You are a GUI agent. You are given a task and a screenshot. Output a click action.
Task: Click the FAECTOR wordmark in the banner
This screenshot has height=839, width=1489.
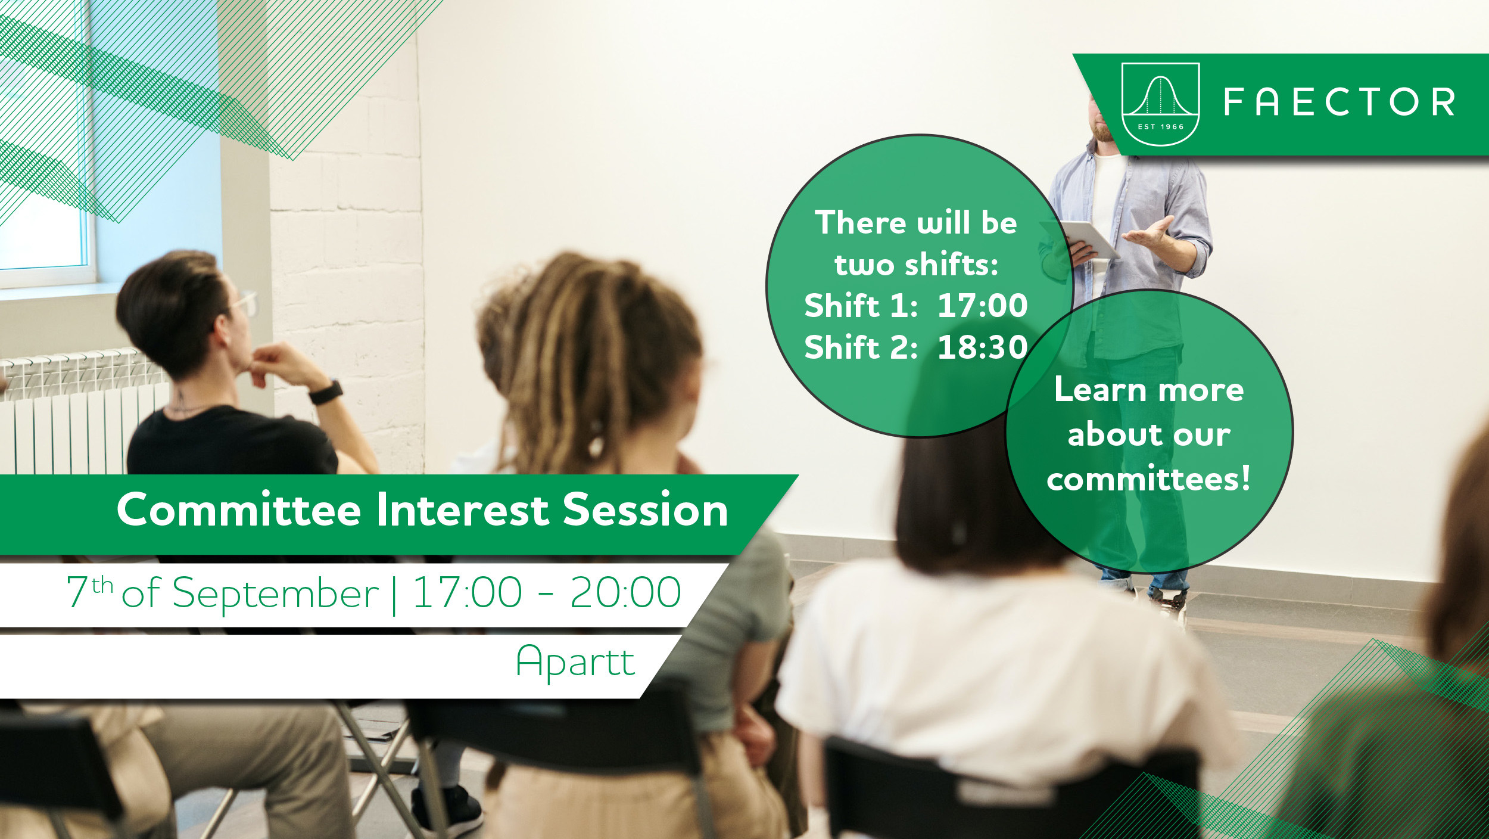1340,102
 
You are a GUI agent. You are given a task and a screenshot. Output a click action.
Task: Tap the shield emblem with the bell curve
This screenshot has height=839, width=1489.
1160,104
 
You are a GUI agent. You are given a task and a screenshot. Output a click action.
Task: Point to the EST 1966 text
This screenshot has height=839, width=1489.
1161,127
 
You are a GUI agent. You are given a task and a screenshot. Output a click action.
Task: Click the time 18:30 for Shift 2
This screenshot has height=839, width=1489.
983,347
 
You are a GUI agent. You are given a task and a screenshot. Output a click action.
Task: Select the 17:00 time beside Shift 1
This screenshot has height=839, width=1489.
983,306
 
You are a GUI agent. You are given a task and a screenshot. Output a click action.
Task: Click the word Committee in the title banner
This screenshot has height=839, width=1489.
239,510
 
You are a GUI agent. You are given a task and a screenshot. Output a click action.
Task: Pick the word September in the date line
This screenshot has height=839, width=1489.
275,593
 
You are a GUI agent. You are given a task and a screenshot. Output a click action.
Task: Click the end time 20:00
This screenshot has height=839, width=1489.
625,593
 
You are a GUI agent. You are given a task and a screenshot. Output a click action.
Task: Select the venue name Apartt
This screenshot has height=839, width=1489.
575,662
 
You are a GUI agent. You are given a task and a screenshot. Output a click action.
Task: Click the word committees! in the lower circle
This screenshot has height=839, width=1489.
1148,479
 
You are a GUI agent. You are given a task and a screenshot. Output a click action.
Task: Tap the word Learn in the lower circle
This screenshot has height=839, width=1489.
1100,390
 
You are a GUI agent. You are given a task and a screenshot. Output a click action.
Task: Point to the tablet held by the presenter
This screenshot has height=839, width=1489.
1089,239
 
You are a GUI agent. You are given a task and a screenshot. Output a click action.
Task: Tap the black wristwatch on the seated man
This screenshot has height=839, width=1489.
326,392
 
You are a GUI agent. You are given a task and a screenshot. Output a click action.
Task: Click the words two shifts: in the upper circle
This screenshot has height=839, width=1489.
916,264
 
